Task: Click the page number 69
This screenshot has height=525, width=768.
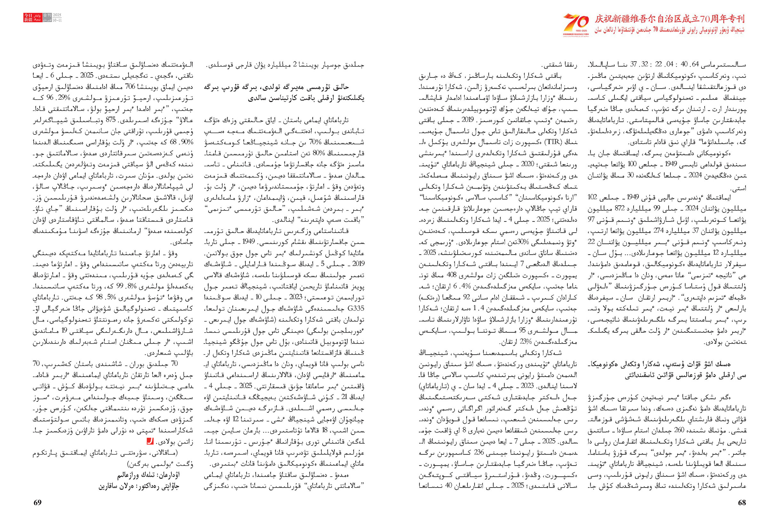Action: pos(37,503)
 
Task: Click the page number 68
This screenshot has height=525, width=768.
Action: pos(742,503)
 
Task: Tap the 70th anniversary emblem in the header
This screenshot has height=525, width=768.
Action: pos(576,24)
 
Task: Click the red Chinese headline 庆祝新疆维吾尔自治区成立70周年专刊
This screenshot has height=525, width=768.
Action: pos(670,19)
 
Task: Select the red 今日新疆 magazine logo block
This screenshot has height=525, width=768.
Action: pos(28,18)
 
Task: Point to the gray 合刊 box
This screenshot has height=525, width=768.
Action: pos(47,16)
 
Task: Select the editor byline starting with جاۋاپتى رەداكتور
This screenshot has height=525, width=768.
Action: pos(139,486)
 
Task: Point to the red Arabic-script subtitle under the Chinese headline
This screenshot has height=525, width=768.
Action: pos(670,30)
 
